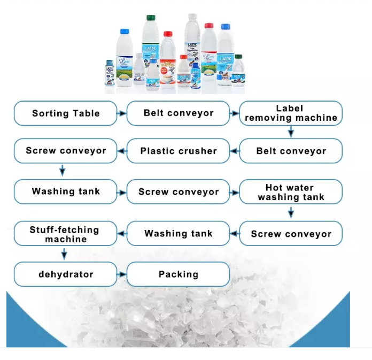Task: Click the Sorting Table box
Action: point(65,113)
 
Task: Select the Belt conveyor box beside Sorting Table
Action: point(178,113)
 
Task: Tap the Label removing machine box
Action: point(291,113)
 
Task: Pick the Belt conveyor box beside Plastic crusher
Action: point(291,151)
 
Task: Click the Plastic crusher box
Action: point(178,151)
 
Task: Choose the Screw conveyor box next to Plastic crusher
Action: point(65,151)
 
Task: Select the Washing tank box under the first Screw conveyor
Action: point(65,192)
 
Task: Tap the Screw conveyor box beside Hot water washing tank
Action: point(178,192)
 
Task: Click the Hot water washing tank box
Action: point(291,192)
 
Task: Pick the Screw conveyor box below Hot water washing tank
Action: point(291,234)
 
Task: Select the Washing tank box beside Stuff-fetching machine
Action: point(178,234)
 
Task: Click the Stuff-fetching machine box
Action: point(65,234)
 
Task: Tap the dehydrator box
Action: point(65,274)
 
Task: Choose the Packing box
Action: point(178,274)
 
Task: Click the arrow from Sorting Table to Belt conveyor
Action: point(122,113)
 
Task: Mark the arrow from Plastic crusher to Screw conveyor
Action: point(122,151)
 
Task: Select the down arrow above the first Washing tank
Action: point(63,171)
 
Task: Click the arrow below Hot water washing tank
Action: point(291,212)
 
